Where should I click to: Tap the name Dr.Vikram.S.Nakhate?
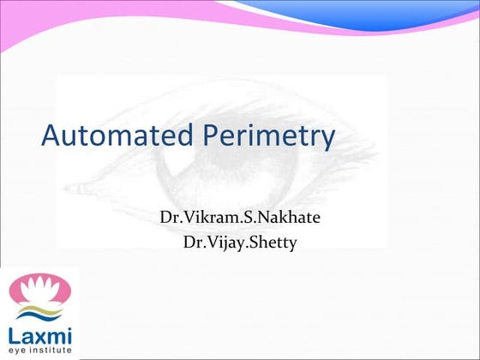[x=240, y=218]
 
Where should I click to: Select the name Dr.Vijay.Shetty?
[x=240, y=242]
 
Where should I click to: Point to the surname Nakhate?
[x=289, y=218]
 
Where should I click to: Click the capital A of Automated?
[x=52, y=137]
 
